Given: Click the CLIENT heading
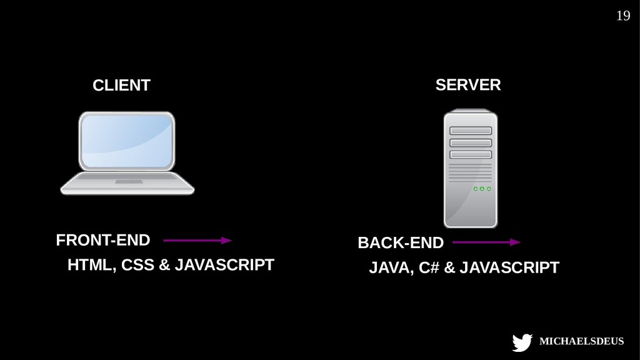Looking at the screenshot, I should coord(121,86).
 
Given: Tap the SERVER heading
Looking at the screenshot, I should coord(467,85).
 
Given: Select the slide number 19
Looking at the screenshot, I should coord(622,16).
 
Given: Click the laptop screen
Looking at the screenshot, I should coord(127,142).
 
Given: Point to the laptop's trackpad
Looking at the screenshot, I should coord(128,182).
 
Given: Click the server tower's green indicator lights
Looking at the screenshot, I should coord(482,189).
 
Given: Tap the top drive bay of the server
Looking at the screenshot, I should coord(470,131).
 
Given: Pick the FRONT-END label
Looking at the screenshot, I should coord(103,240).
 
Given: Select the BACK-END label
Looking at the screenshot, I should coord(400,242).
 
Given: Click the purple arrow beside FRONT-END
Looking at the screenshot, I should coord(197,240).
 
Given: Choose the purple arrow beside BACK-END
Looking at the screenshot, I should coord(486,242).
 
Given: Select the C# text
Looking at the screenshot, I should coord(429,268).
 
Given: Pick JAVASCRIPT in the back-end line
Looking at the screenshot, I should coord(509,268).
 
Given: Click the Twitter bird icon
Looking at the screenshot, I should coord(522,342).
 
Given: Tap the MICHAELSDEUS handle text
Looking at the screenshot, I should coord(581,341).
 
